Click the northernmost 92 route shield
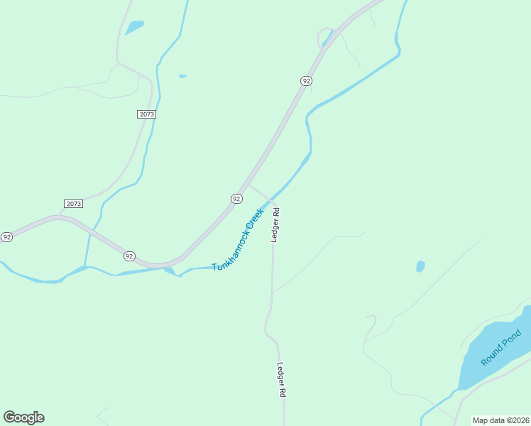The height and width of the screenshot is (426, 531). pyautogui.click(x=306, y=81)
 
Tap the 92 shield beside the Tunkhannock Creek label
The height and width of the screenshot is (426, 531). pyautogui.click(x=236, y=199)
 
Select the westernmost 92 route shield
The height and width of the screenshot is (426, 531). pyautogui.click(x=6, y=236)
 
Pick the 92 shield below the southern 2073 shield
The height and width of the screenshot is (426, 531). pyautogui.click(x=129, y=256)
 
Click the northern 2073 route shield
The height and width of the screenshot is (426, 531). pyautogui.click(x=146, y=114)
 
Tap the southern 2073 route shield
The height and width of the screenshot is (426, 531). pyautogui.click(x=73, y=204)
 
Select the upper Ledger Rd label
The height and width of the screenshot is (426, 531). pyautogui.click(x=275, y=225)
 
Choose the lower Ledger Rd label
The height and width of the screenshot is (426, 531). pyautogui.click(x=281, y=380)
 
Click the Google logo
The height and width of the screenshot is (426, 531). pyautogui.click(x=23, y=417)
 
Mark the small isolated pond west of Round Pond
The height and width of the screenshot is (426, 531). pyautogui.click(x=420, y=266)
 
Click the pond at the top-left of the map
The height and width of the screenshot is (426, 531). pyautogui.click(x=134, y=28)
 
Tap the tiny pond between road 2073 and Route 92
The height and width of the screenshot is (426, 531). pyautogui.click(x=182, y=76)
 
